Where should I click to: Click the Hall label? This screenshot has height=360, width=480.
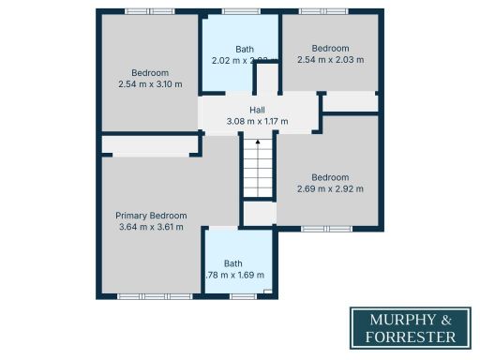pos(257,110)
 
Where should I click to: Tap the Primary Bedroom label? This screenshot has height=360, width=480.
pos(150,215)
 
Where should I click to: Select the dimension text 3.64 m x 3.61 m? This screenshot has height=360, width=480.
pos(150,226)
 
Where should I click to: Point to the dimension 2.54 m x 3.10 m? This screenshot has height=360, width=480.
pos(150,84)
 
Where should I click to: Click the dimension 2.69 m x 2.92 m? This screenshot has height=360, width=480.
pos(330,188)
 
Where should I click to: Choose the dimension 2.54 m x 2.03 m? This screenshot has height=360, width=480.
pos(330,59)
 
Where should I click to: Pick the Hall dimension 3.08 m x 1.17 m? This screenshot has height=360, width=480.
pos(257,121)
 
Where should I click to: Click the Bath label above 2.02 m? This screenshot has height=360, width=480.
pos(244,49)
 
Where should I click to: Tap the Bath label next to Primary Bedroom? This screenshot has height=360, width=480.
pos(233,263)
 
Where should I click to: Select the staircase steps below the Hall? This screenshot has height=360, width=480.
pos(258,173)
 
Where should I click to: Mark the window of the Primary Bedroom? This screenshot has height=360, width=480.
pos(155,296)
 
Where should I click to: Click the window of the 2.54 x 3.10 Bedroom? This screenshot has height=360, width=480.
pos(150,11)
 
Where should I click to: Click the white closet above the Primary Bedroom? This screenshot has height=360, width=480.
pos(150,145)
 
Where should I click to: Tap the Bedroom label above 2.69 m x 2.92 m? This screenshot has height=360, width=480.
pos(330,177)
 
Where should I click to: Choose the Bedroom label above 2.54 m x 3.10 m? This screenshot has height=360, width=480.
pos(150,73)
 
